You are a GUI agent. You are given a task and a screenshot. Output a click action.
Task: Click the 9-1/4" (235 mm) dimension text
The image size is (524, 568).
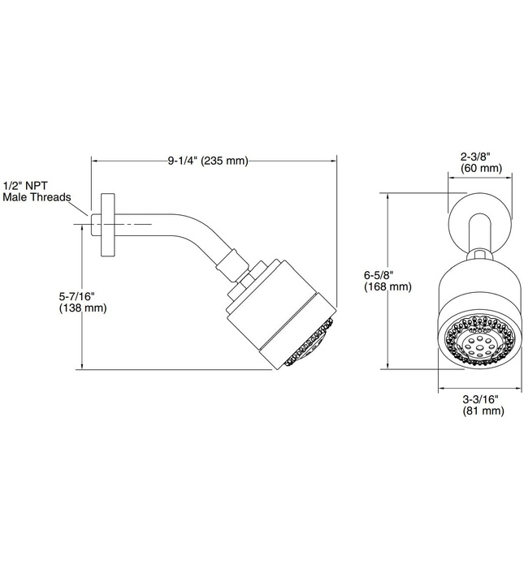[207, 161]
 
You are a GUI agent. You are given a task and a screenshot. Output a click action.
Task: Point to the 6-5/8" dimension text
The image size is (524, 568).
[388, 275]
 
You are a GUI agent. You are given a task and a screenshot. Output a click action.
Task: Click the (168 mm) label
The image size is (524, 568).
[388, 287]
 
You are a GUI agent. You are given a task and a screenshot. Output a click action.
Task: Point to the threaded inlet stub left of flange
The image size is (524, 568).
[95, 221]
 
